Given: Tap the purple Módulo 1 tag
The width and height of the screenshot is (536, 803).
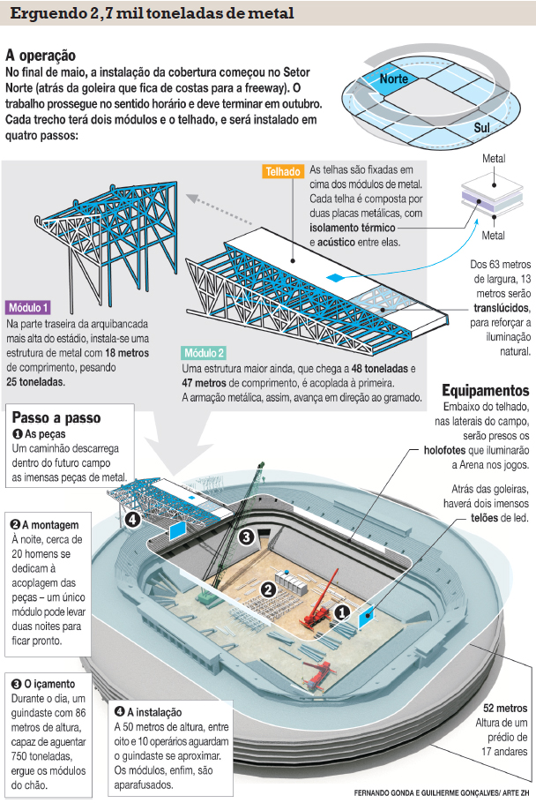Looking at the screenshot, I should (29, 308).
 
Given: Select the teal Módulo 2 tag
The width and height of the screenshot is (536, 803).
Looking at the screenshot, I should (205, 352).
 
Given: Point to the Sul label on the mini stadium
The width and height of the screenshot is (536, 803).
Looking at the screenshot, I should (481, 128).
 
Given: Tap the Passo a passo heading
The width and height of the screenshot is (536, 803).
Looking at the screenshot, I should (56, 417).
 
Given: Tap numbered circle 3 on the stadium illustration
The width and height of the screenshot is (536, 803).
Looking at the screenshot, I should (248, 536).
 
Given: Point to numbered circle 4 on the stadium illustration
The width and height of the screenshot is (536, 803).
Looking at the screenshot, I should (133, 520).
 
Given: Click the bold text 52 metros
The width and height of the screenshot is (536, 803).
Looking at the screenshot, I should (505, 708).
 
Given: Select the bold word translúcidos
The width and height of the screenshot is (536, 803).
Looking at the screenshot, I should (500, 308).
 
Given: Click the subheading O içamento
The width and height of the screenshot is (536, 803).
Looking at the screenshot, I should (43, 684).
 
